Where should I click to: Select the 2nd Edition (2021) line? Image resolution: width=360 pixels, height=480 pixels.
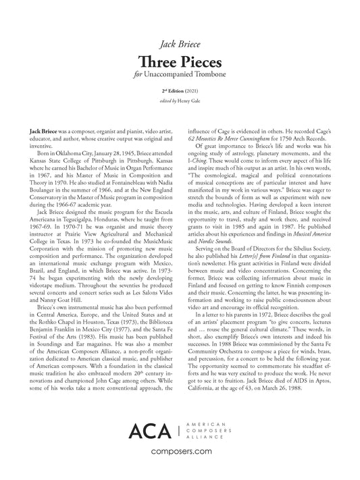point(180,90)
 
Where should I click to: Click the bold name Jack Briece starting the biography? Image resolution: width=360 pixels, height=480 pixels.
point(44,126)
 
